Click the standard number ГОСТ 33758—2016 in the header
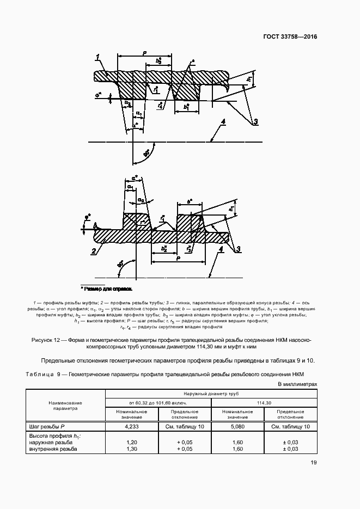[x=290, y=37]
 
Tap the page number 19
[x=313, y=463]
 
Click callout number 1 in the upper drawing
[x=97, y=56]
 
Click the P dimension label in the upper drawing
[x=144, y=53]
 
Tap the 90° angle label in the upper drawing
[x=147, y=154]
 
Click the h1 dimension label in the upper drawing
[x=248, y=79]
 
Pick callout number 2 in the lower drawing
[x=94, y=251]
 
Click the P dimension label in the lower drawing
[x=178, y=260]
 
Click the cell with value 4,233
[x=131, y=427]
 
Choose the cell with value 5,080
[x=237, y=427]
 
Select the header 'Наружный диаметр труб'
[x=211, y=393]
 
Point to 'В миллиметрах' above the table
[x=297, y=384]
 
